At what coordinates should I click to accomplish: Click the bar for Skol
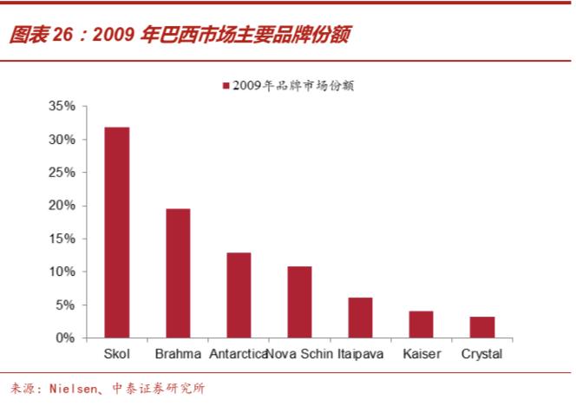click(117, 233)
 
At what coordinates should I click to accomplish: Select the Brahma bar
click(178, 273)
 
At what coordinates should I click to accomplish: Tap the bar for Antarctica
click(239, 295)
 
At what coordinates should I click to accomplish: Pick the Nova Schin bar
click(299, 302)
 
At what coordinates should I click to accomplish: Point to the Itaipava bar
click(360, 318)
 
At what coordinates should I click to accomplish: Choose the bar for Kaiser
click(421, 324)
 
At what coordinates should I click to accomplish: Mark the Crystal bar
click(482, 327)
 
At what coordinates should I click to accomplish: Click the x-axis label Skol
click(117, 354)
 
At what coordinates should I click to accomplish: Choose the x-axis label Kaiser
click(422, 354)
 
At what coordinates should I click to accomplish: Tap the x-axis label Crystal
click(482, 354)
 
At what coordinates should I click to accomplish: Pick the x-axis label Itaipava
click(360, 354)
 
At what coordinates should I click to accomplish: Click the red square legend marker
click(226, 86)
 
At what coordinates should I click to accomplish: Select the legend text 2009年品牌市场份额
click(295, 86)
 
